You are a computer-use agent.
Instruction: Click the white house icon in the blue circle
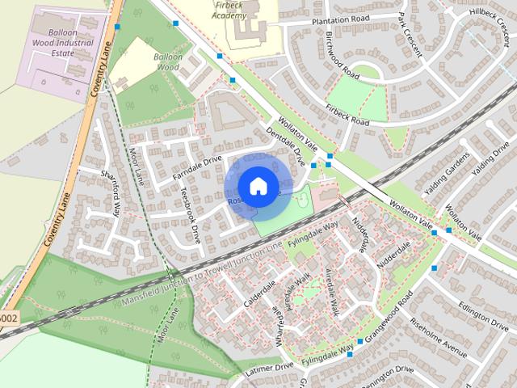pos(258,186)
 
